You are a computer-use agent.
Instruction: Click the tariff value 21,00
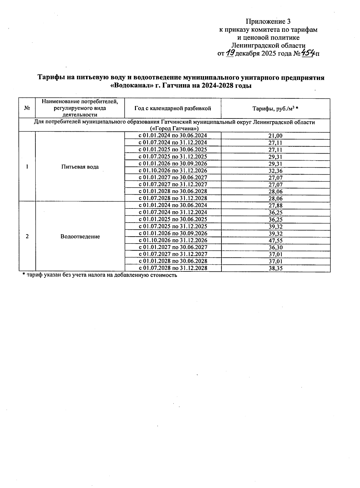click(x=275, y=136)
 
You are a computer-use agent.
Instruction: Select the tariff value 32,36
click(x=275, y=171)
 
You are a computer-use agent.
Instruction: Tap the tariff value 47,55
click(x=275, y=241)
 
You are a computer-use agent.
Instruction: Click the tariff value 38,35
click(x=275, y=268)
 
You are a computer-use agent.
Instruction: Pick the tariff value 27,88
click(x=275, y=206)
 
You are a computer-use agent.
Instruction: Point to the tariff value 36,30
click(x=275, y=248)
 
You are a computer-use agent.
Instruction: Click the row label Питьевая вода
click(x=80, y=167)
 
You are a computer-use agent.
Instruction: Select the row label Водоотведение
click(x=80, y=237)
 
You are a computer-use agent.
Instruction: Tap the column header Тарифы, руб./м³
click(x=275, y=109)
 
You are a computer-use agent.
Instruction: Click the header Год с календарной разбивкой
click(x=172, y=108)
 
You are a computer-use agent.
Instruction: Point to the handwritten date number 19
click(x=230, y=53)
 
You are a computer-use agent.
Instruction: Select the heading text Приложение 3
click(x=268, y=22)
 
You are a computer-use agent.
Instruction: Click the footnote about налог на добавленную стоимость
click(x=100, y=275)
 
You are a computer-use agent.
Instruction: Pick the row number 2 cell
click(x=27, y=237)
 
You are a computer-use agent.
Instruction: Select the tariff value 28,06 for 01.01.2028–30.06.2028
click(x=275, y=192)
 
